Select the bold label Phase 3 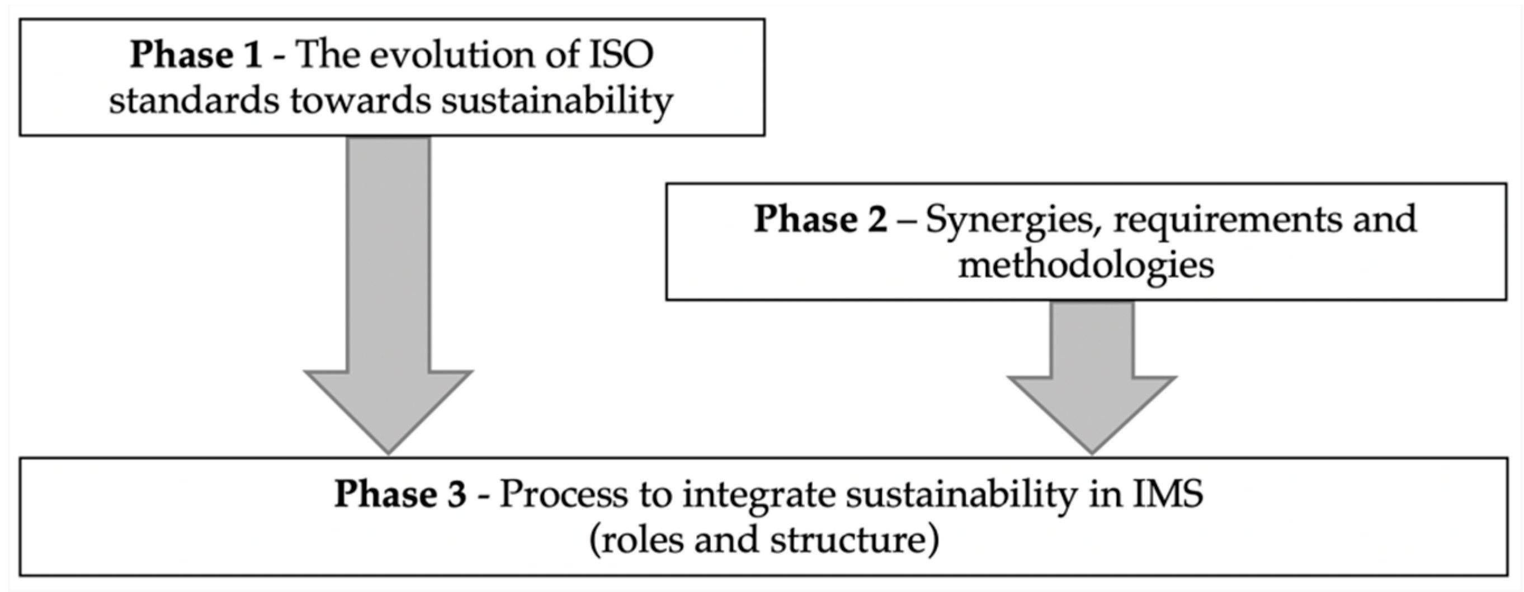pyautogui.click(x=400, y=494)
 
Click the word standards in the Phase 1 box pyautogui.click(x=194, y=101)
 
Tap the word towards pyautogui.click(x=361, y=101)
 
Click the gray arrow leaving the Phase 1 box pyautogui.click(x=388, y=296)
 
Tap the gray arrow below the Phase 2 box pyautogui.click(x=1092, y=378)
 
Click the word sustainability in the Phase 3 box pyautogui.click(x=959, y=494)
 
